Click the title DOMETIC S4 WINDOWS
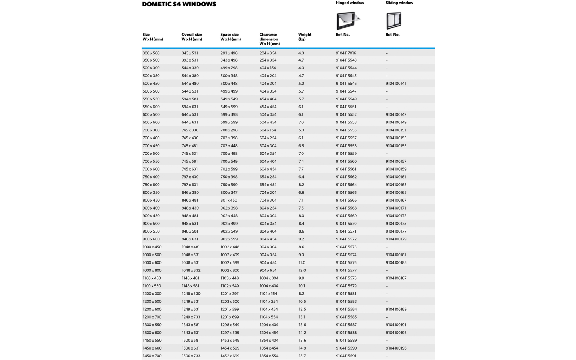point(179,4)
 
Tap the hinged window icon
point(347,20)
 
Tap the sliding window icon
point(393,21)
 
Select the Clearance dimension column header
point(269,39)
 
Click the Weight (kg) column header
point(305,37)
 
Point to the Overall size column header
point(192,37)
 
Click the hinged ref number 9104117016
point(346,53)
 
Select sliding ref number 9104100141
point(396,84)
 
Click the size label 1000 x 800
point(152,270)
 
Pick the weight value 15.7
point(302,356)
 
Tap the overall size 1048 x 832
point(191,270)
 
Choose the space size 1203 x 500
point(230,302)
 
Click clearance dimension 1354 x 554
point(269,356)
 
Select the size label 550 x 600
point(151,107)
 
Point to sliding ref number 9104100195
point(396,348)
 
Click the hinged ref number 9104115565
point(346,193)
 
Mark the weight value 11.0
point(302,263)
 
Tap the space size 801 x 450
point(229,201)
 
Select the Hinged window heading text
point(350,3)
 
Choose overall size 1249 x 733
point(191,317)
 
